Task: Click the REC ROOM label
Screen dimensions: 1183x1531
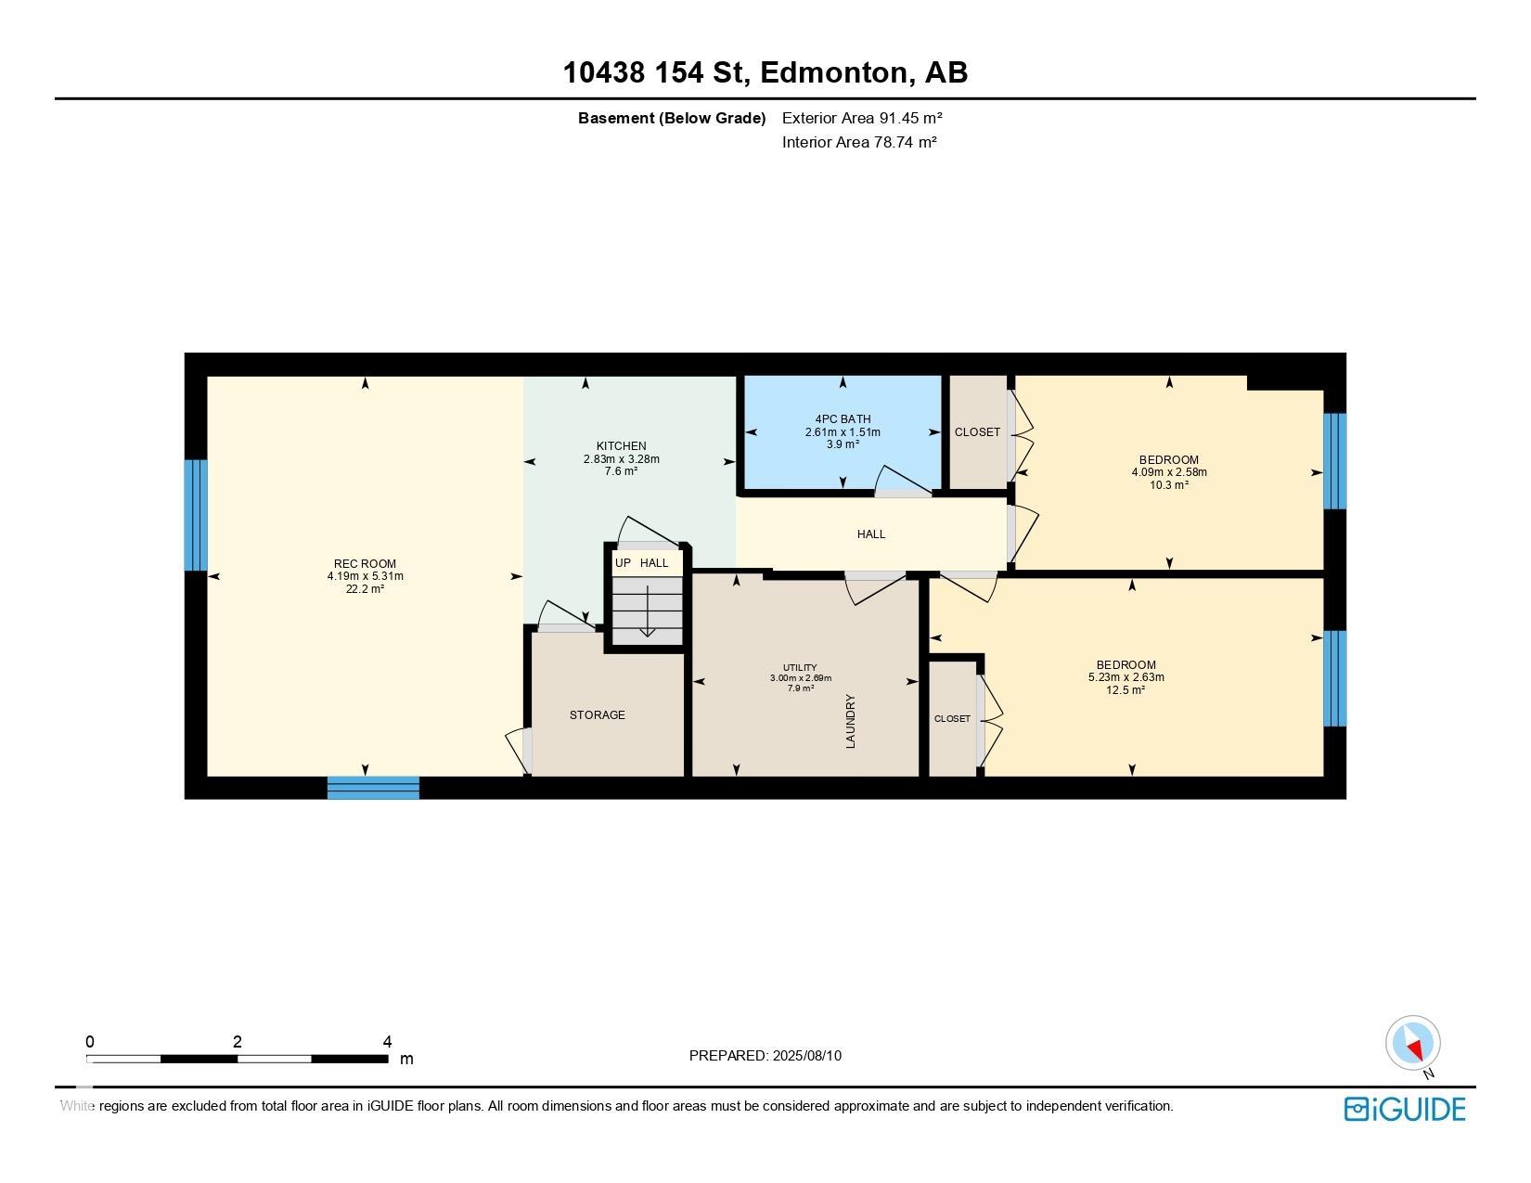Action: point(365,563)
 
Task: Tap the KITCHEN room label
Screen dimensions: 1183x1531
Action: point(621,446)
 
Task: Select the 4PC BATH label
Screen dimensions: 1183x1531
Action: point(843,419)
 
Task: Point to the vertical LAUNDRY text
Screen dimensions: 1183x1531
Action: point(850,721)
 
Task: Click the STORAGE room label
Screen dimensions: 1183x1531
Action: point(597,714)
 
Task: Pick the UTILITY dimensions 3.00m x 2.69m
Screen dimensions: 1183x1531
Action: point(800,678)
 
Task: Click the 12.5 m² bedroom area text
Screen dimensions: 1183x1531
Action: point(1126,689)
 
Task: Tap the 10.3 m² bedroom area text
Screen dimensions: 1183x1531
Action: point(1168,484)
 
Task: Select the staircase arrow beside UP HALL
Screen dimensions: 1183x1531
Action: point(647,611)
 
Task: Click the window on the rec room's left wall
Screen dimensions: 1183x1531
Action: point(195,515)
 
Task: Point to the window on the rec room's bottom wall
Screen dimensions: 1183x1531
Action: point(373,788)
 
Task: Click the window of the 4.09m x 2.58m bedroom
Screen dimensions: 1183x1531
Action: point(1333,461)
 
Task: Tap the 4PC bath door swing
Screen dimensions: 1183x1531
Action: point(902,482)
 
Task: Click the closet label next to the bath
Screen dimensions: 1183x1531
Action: point(977,432)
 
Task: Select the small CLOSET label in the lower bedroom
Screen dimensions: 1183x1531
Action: point(952,718)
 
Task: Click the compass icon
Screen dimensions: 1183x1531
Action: point(1412,1043)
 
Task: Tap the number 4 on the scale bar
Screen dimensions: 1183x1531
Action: point(387,1042)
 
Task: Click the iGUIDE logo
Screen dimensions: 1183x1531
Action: point(1404,1109)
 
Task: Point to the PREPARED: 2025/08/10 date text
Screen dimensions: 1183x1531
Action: point(765,1055)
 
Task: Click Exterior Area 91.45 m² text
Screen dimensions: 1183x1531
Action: point(862,118)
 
